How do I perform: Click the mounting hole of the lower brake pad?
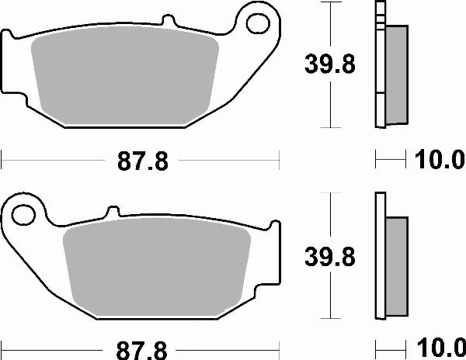(x=24, y=212)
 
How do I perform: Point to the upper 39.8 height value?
(x=329, y=65)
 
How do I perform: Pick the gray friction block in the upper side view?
(x=395, y=74)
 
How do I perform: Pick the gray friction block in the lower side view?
(x=395, y=264)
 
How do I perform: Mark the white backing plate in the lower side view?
(x=380, y=256)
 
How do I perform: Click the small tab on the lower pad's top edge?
(x=113, y=210)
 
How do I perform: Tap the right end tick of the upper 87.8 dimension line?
(x=278, y=161)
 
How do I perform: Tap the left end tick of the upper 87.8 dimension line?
(x=2, y=161)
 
